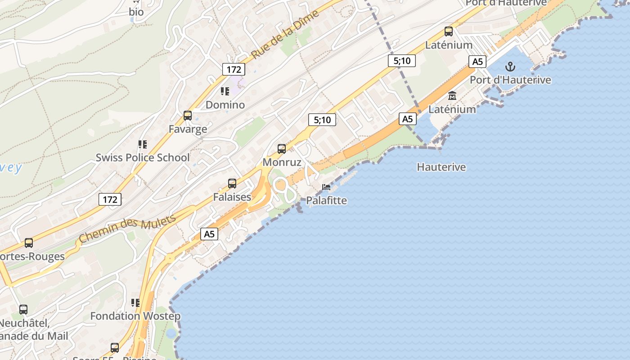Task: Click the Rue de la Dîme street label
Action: (x=285, y=34)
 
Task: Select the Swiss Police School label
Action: (x=143, y=157)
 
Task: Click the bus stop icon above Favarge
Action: (x=188, y=116)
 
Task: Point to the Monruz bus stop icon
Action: (x=282, y=148)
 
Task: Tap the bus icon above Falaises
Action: (x=232, y=183)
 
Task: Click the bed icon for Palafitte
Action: (x=326, y=187)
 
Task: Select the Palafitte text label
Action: (x=326, y=200)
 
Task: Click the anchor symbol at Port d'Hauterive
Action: (x=510, y=67)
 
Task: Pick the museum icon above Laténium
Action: (x=452, y=95)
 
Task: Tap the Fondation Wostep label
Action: (x=135, y=316)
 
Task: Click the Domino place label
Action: (x=225, y=105)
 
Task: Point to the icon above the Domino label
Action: (x=225, y=91)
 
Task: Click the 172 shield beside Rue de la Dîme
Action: (x=234, y=69)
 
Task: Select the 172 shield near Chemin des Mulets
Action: (x=110, y=199)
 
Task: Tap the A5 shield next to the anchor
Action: (x=477, y=62)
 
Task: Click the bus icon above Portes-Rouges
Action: (x=29, y=243)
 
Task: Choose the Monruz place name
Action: (x=282, y=162)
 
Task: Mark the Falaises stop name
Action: (x=232, y=197)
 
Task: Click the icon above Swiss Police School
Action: (x=143, y=144)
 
